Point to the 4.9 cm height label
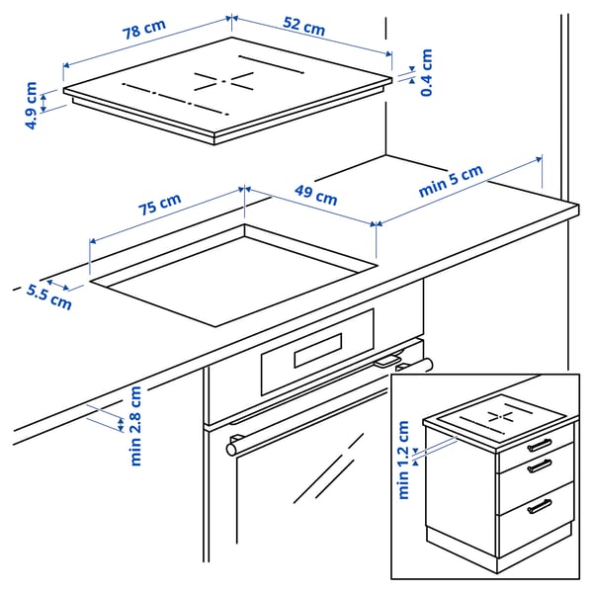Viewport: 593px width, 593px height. click(33, 106)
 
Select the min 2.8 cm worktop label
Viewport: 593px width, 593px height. click(135, 425)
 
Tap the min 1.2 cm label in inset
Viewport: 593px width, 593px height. click(403, 460)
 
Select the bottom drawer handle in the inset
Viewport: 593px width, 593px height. click(540, 506)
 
